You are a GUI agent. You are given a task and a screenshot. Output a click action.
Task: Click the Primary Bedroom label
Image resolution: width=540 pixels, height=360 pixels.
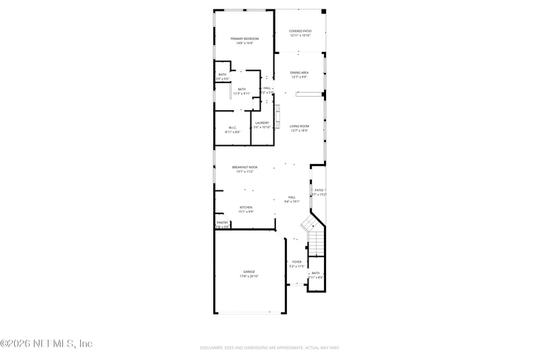coord(244,39)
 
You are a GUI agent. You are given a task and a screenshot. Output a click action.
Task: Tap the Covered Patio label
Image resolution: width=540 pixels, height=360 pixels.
coord(300,31)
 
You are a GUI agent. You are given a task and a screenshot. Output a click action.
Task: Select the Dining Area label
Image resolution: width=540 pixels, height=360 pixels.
coord(300,72)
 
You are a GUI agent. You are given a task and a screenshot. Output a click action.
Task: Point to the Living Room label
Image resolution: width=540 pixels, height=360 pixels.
coord(300,126)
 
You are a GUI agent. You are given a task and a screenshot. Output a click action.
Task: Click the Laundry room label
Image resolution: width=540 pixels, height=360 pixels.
coord(262,123)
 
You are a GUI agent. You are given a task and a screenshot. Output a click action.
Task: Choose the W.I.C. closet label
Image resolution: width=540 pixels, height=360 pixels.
coord(232,128)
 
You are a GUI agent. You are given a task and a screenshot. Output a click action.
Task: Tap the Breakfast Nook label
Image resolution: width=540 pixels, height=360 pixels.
coord(244,167)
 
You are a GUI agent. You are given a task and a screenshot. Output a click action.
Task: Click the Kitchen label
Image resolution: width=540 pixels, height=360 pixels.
coord(246,207)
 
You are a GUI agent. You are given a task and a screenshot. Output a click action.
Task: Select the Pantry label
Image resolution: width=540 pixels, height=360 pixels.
coord(222,222)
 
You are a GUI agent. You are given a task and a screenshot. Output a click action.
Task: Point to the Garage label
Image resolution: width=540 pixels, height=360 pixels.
coord(249,272)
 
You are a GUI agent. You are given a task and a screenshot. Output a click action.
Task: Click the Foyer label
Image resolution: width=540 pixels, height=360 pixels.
coord(297,261)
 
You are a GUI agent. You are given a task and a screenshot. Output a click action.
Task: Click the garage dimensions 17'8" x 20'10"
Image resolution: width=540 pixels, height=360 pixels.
coord(249,276)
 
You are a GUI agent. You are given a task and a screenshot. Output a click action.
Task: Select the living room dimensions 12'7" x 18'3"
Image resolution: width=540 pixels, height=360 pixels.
coord(300,130)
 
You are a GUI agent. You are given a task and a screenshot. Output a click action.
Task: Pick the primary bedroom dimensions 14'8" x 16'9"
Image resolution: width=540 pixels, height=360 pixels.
coord(244,43)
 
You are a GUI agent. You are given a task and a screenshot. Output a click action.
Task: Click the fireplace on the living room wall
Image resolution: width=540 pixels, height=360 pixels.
coord(277,116)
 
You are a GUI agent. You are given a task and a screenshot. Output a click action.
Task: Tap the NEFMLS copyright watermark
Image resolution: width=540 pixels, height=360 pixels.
coord(47,344)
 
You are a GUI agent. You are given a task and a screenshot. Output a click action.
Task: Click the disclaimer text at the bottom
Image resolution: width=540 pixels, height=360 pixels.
coord(269,348)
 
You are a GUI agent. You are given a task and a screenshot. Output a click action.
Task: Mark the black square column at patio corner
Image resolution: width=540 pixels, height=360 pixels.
coord(323,11)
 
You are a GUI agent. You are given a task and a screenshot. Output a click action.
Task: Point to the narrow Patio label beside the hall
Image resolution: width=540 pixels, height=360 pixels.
coord(319,190)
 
